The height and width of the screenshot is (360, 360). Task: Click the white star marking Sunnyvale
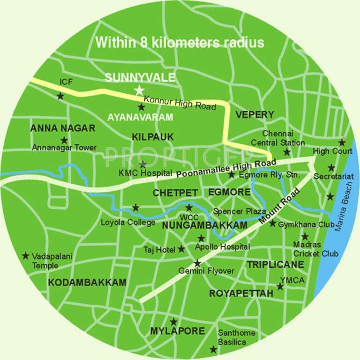139,90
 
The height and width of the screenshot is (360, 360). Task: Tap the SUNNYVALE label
134,77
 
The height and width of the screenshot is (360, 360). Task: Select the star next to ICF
60,96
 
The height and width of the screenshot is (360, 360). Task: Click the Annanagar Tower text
64,148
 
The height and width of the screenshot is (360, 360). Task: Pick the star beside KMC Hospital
143,164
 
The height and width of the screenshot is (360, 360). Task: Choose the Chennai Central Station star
287,152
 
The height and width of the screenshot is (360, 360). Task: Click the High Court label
332,151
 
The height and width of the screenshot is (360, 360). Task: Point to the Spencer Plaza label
240,211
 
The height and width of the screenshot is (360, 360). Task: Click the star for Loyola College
135,207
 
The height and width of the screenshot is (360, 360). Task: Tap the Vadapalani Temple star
25,255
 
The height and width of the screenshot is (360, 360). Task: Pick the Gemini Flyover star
197,263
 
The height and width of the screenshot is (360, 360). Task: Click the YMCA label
292,280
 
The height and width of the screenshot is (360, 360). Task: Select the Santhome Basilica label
237,337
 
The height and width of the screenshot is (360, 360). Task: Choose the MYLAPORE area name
177,331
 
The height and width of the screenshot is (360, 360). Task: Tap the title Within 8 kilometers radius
180,43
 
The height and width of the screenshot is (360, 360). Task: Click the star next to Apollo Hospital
201,238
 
